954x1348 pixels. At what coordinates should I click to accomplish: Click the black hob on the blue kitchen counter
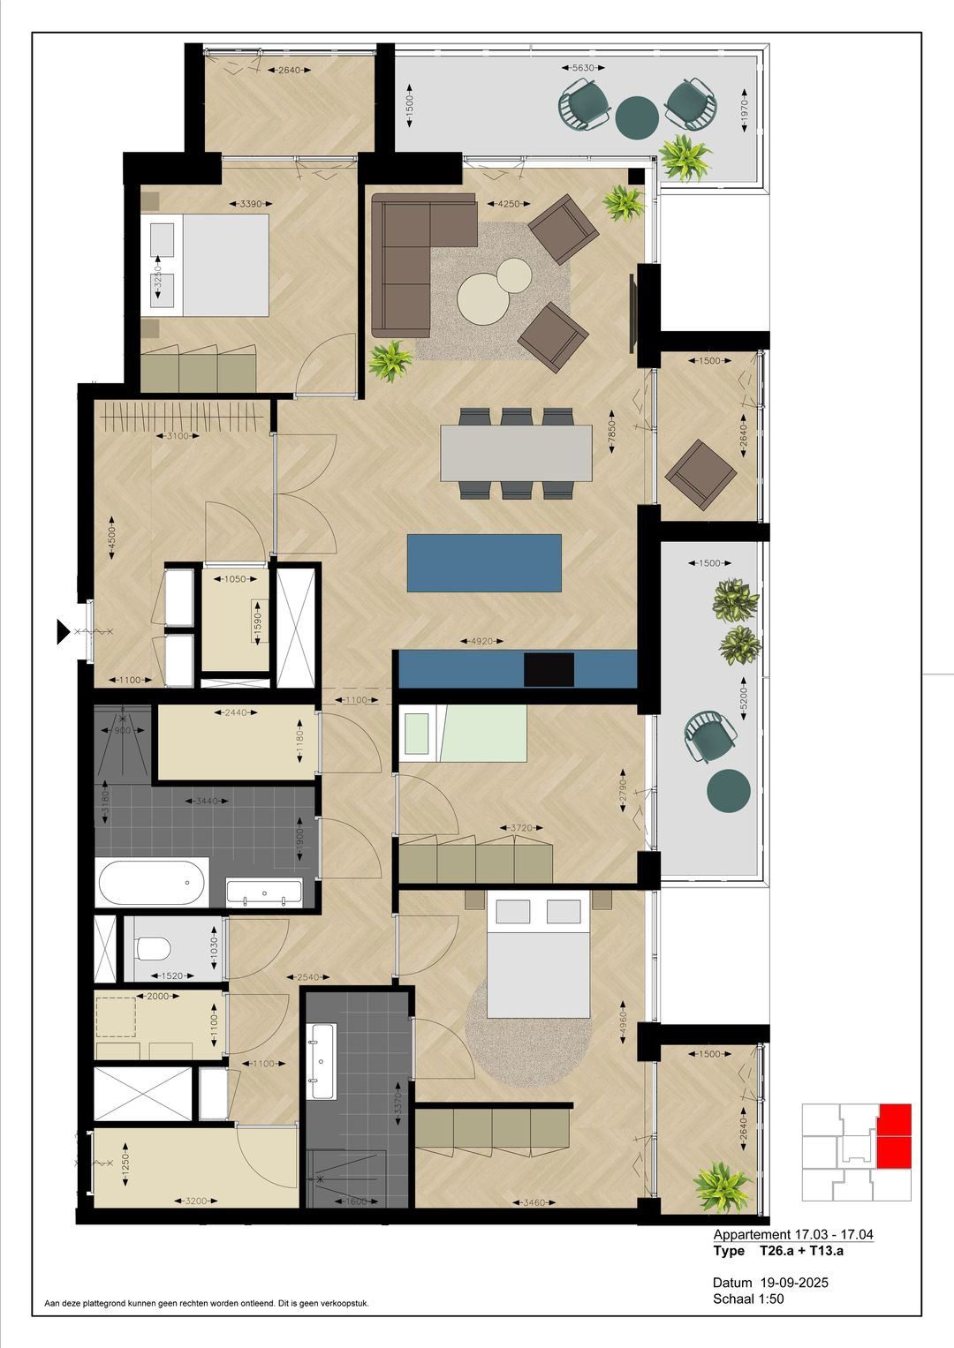tap(549, 669)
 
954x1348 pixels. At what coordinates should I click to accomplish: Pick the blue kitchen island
tap(484, 562)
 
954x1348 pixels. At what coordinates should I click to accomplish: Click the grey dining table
tap(516, 453)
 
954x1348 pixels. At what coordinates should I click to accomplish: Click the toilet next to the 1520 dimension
tap(154, 949)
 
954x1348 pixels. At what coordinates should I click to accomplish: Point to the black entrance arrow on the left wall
tap(64, 630)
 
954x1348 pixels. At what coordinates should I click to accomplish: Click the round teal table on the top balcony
tap(636, 117)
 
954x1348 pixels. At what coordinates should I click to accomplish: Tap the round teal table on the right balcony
tap(730, 789)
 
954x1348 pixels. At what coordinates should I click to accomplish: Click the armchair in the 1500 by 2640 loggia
tap(700, 475)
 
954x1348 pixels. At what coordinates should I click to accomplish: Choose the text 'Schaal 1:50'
tap(748, 1299)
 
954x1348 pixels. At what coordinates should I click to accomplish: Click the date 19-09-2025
tap(793, 1283)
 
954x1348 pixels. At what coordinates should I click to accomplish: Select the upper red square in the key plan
tap(894, 1118)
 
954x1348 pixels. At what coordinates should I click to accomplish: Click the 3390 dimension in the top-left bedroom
tap(251, 204)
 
